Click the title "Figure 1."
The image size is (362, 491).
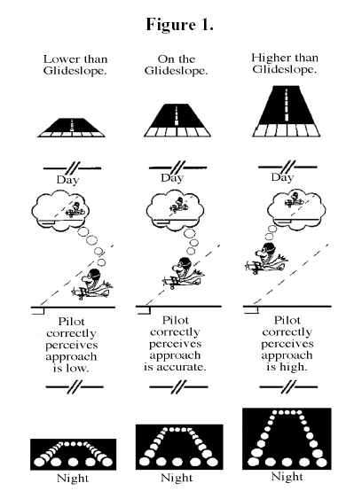[x=180, y=25]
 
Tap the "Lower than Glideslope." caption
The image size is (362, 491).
[x=75, y=65]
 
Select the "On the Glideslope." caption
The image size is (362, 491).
[x=177, y=65]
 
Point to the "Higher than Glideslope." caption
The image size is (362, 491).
[x=285, y=63]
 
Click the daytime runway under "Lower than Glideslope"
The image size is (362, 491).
[x=72, y=128]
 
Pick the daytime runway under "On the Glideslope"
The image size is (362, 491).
[x=177, y=120]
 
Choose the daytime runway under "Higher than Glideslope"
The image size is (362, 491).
[x=287, y=111]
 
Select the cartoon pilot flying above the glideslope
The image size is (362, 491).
[x=267, y=259]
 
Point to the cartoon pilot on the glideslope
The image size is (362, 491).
[x=184, y=272]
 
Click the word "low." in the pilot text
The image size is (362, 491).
[x=71, y=369]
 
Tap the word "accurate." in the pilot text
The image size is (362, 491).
[x=175, y=367]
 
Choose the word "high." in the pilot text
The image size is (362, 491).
[x=287, y=367]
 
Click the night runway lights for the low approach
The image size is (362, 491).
[x=73, y=455]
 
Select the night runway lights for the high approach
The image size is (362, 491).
[x=287, y=439]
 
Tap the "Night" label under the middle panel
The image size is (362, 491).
[x=177, y=478]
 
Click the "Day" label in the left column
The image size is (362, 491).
[x=67, y=180]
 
